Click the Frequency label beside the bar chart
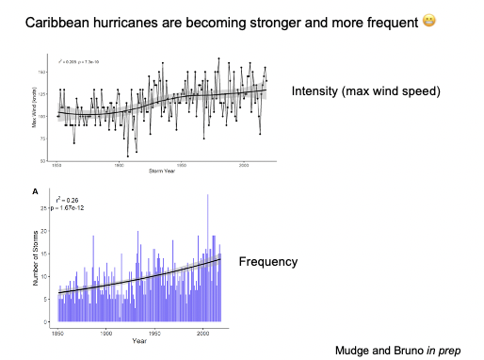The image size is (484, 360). [268, 261]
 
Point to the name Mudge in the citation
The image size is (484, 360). [355, 350]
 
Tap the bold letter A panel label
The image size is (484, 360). [36, 191]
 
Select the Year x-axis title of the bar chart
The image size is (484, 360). [139, 340]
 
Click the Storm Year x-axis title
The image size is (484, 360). [162, 170]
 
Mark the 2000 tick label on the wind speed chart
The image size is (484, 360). [244, 164]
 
